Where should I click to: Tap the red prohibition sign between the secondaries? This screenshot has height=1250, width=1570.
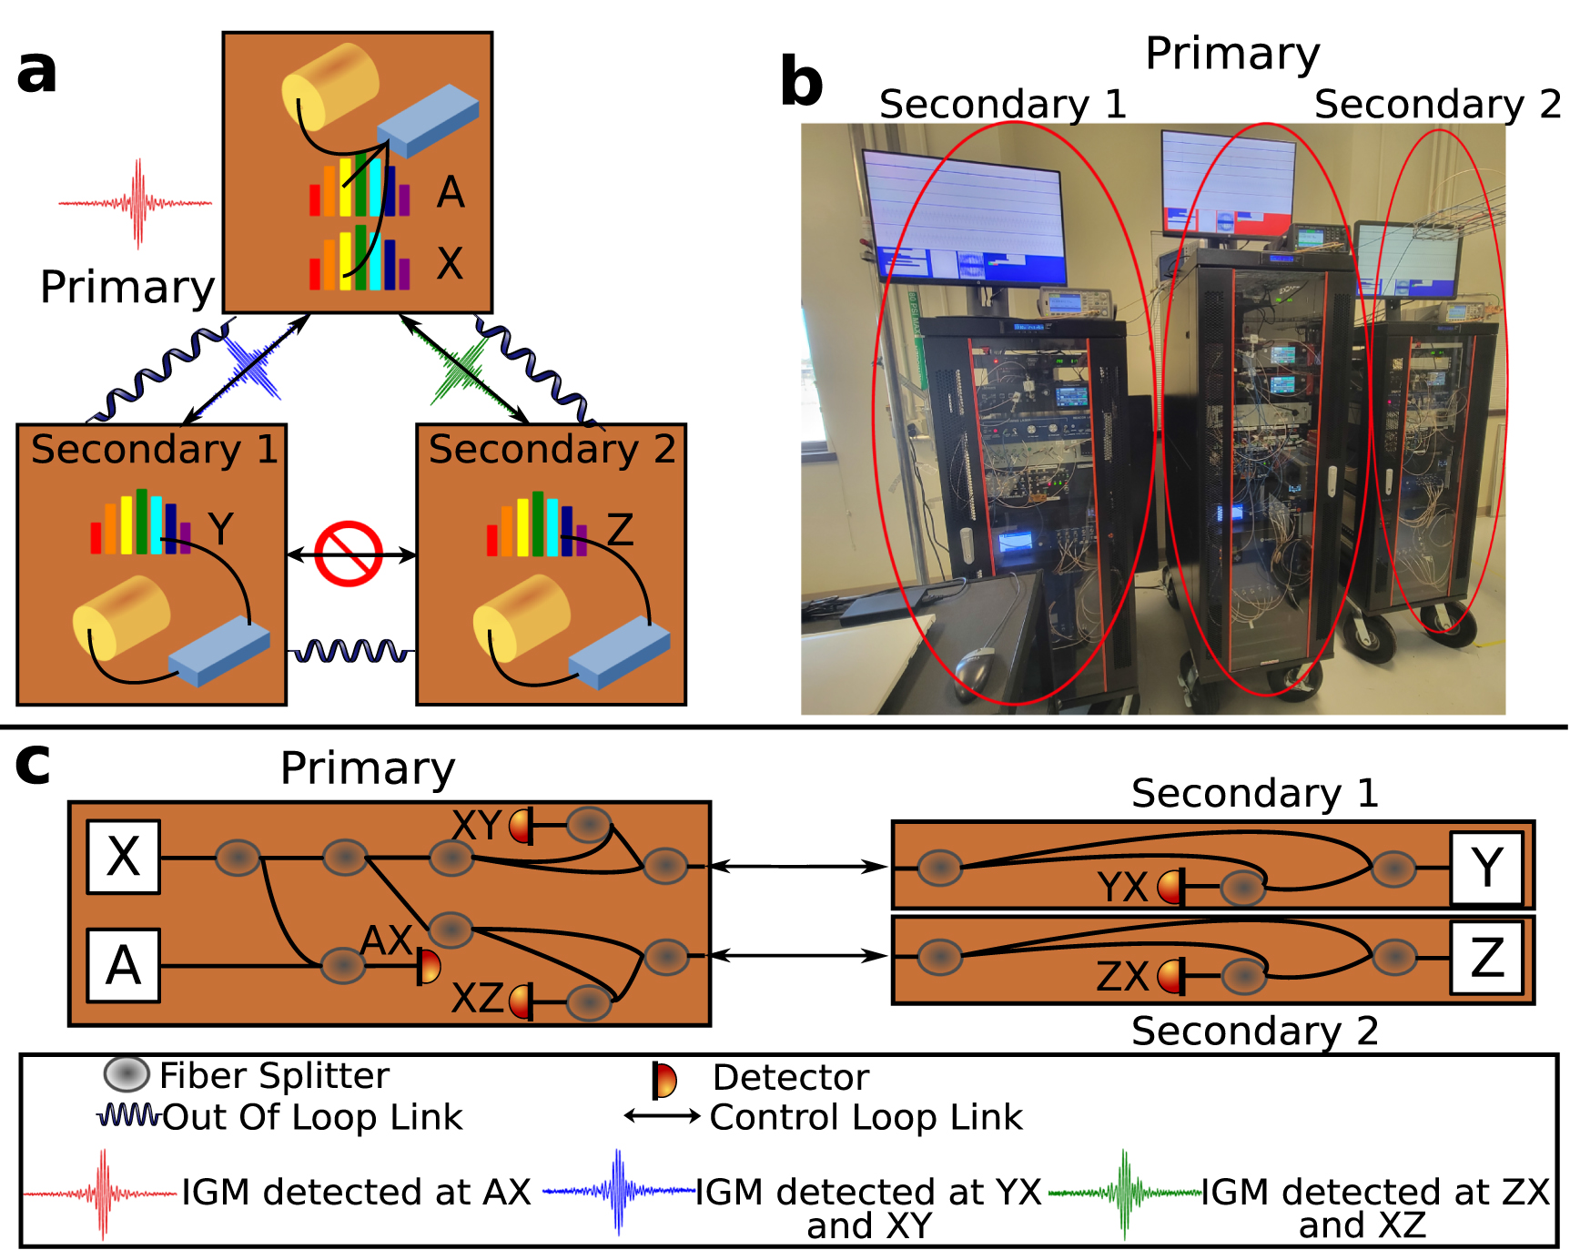(x=349, y=554)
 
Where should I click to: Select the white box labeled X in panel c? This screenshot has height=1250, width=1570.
(x=124, y=857)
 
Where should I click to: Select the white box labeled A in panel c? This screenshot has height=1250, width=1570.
(x=124, y=965)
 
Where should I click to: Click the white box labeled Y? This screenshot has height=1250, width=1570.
(x=1486, y=868)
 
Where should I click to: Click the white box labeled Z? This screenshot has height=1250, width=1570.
(x=1486, y=958)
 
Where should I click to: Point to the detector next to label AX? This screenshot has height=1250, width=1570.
(x=428, y=966)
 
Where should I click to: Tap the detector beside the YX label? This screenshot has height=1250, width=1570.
(x=1172, y=886)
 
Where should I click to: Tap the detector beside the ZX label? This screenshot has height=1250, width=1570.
(x=1172, y=977)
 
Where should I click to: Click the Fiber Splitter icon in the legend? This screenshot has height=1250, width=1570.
(x=127, y=1074)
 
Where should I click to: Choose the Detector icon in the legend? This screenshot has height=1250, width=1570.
(x=663, y=1080)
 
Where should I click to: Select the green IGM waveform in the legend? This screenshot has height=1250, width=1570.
(x=1125, y=1193)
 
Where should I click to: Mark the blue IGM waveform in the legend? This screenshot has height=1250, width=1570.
(x=619, y=1191)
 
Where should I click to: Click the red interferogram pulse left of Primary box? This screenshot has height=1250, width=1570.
(x=137, y=203)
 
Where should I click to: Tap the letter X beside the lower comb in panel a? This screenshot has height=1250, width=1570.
(x=450, y=263)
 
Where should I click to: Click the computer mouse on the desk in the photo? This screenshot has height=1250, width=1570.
(x=973, y=670)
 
